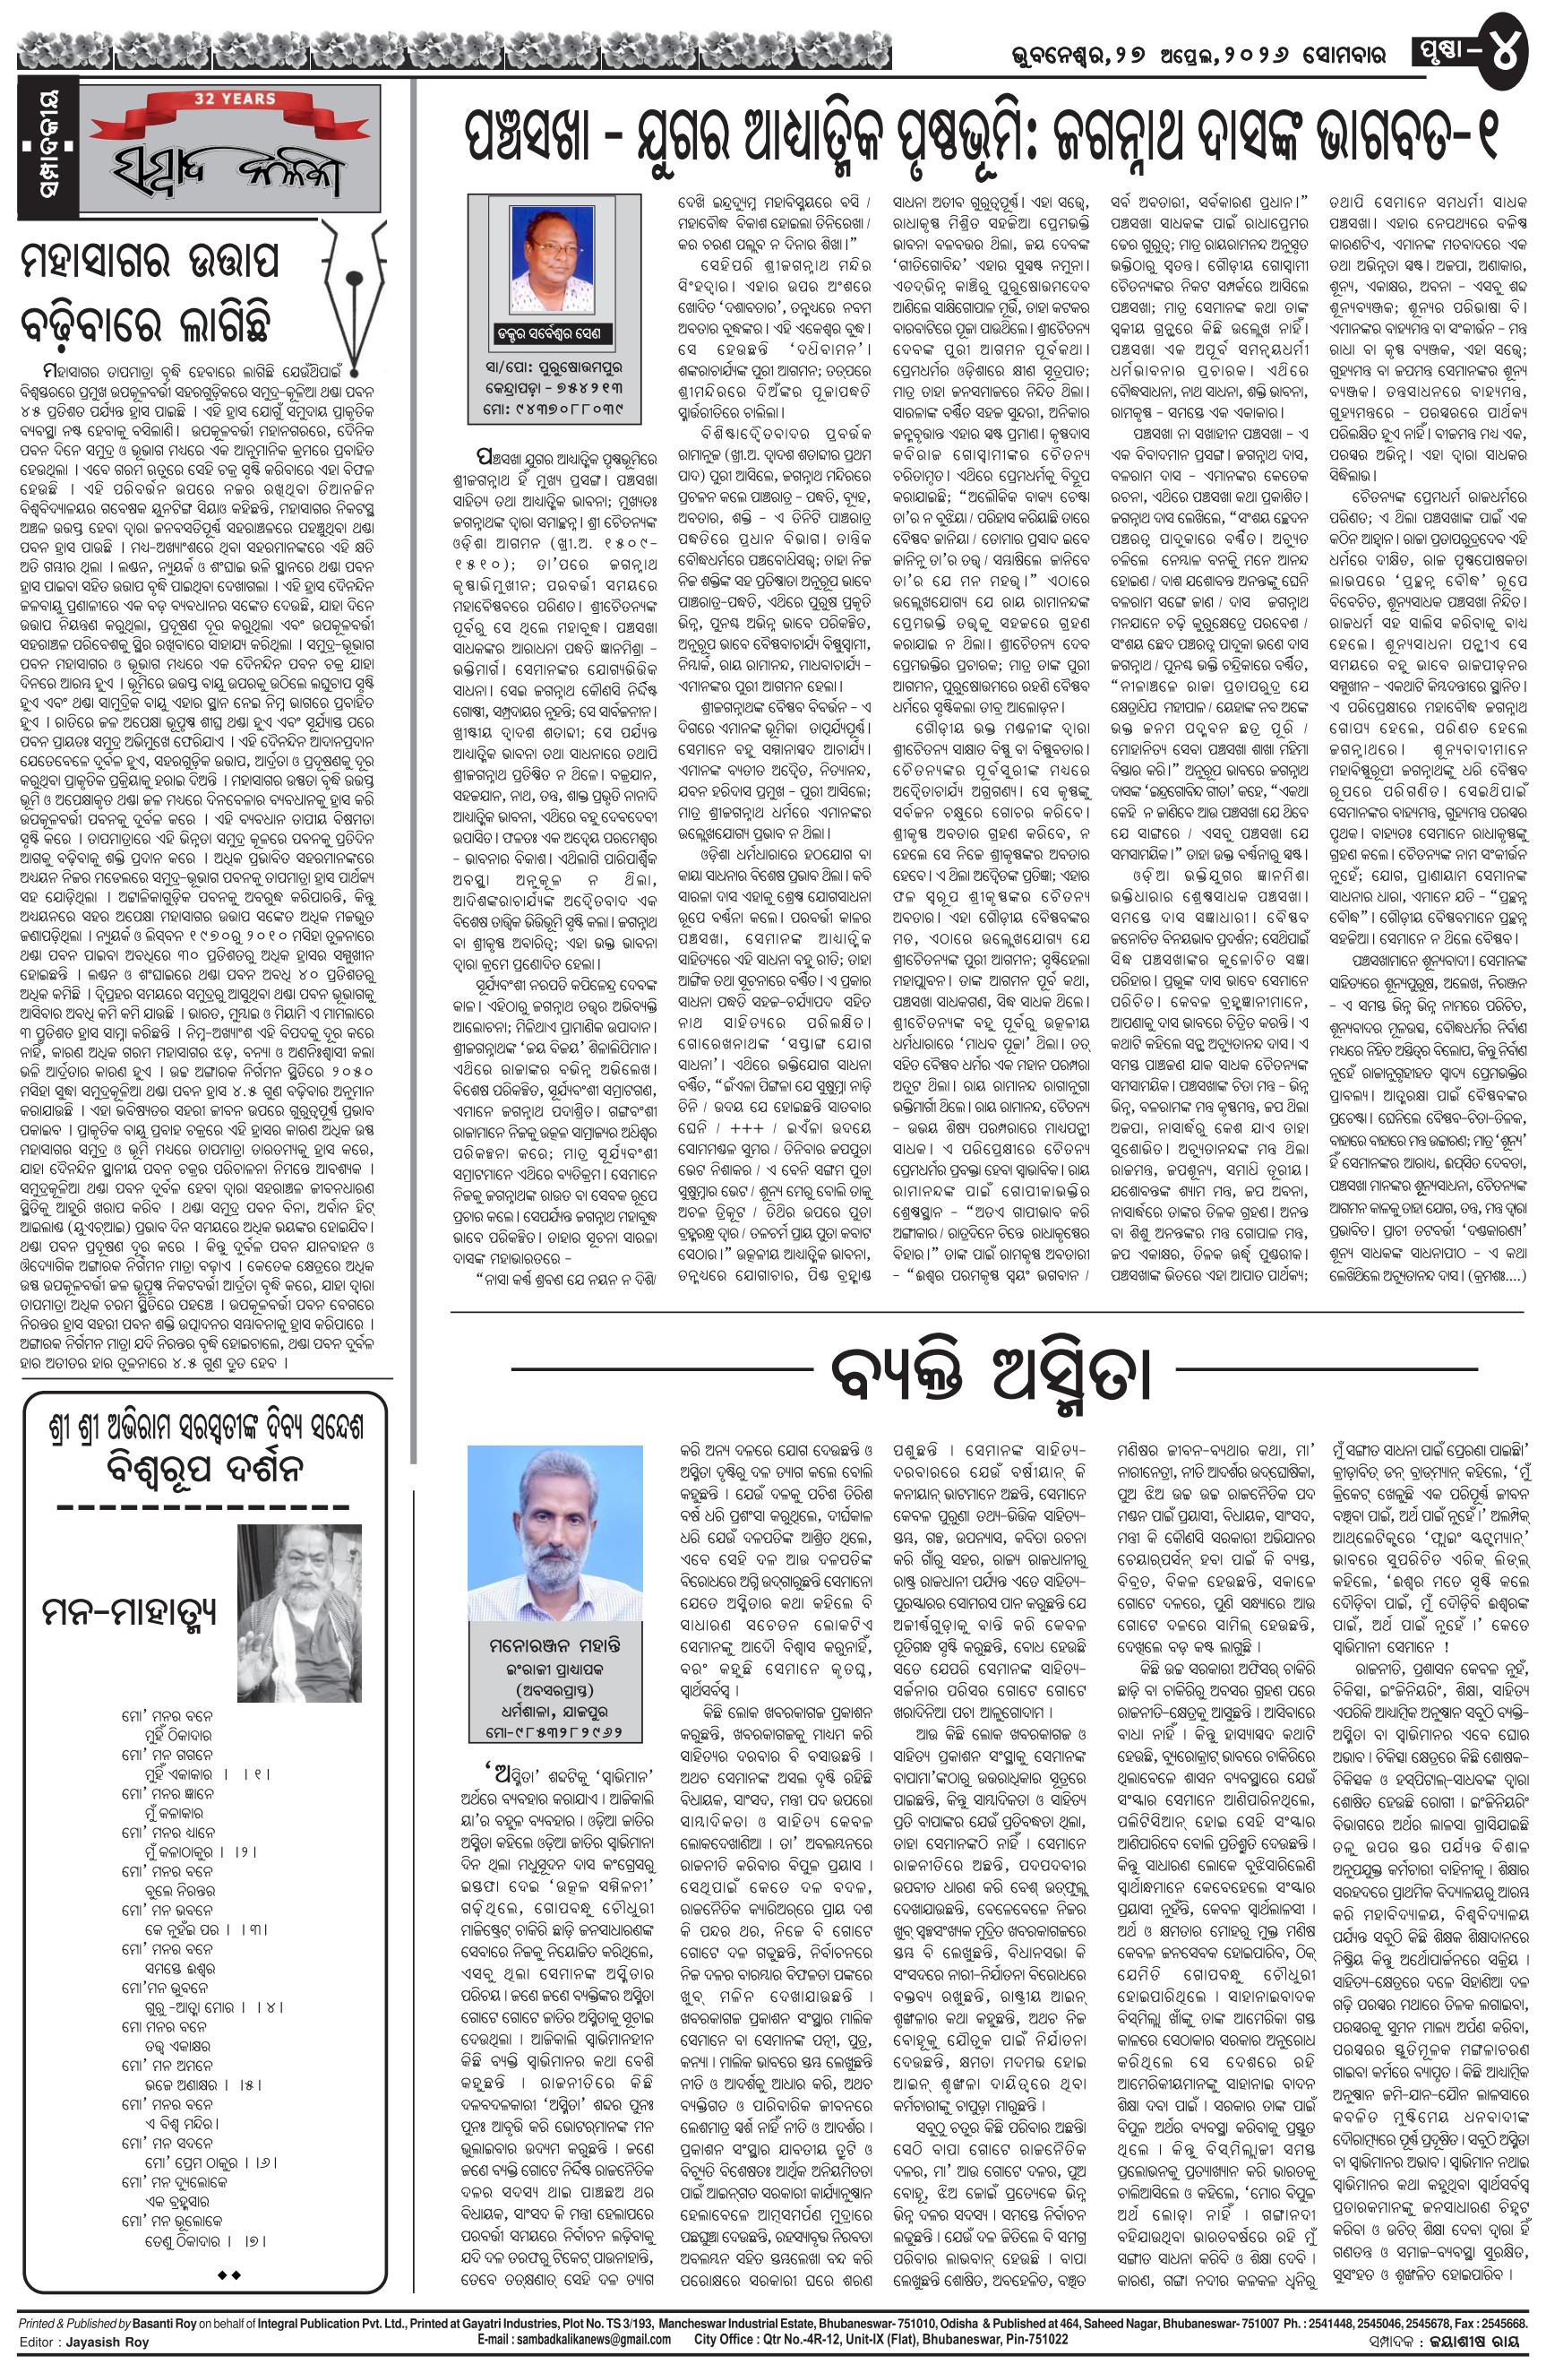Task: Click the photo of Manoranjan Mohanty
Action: pyautogui.click(x=556, y=1537)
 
